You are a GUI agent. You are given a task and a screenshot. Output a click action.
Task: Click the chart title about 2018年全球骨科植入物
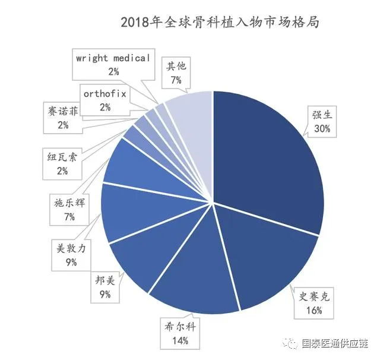point(220,23)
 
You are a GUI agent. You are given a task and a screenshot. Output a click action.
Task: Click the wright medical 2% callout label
point(113,65)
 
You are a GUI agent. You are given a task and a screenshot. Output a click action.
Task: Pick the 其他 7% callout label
point(176,72)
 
